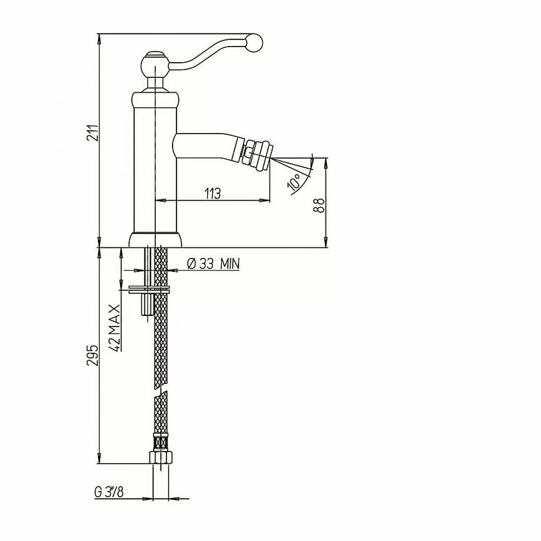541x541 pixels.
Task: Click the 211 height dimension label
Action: coord(93,133)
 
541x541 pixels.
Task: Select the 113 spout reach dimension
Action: coord(213,193)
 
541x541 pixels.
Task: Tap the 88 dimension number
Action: coord(319,205)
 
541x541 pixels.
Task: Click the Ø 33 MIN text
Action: coord(213,264)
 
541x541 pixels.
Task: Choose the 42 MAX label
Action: coord(115,327)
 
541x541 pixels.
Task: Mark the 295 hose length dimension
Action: coord(93,355)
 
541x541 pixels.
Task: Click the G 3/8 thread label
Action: coord(109,492)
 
